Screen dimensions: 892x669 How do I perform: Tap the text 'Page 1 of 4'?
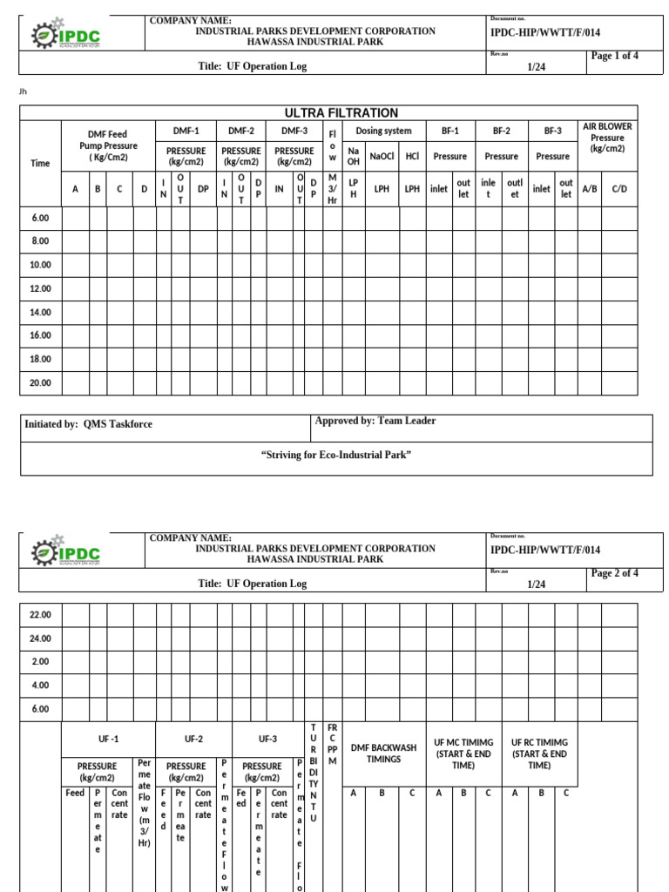pyautogui.click(x=615, y=56)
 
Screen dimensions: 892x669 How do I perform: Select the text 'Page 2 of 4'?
pyautogui.click(x=615, y=573)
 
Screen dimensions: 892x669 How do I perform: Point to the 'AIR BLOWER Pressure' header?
pyautogui.click(x=607, y=138)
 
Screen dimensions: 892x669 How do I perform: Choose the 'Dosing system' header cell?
pyautogui.click(x=383, y=131)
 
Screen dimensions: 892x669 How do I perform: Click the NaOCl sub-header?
pyautogui.click(x=382, y=157)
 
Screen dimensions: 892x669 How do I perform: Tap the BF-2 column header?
pyautogui.click(x=501, y=131)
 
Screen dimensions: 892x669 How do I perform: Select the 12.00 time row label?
pyautogui.click(x=40, y=288)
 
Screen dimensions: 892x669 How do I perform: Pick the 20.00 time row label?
pyautogui.click(x=40, y=382)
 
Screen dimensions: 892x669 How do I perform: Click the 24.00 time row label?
pyautogui.click(x=40, y=639)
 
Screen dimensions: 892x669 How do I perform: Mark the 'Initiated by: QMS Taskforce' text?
pyautogui.click(x=88, y=424)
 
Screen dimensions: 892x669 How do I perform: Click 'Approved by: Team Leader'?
pyautogui.click(x=375, y=421)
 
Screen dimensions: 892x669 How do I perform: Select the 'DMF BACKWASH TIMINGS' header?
pyautogui.click(x=383, y=753)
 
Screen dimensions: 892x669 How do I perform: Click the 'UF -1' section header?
pyautogui.click(x=108, y=739)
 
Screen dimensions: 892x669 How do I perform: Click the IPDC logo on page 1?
pyautogui.click(x=66, y=36)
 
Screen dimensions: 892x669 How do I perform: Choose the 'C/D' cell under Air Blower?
pyautogui.click(x=619, y=188)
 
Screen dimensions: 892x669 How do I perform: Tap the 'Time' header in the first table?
pyautogui.click(x=40, y=163)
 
